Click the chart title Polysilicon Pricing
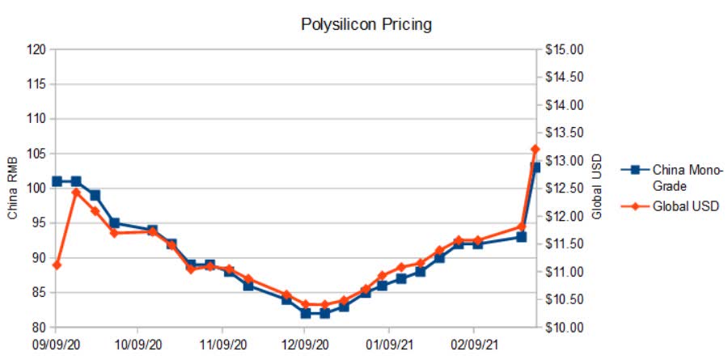tap(366, 24)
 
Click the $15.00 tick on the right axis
tap(564, 50)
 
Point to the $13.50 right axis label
tap(564, 133)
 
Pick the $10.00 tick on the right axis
tap(564, 328)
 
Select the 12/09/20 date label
tap(306, 344)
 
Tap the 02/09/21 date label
tap(472, 344)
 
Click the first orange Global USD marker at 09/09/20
tap(57, 265)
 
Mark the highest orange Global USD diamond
tap(535, 149)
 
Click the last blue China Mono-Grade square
tap(535, 167)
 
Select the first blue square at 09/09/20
tap(57, 181)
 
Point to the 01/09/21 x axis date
tap(389, 344)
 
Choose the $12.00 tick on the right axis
tap(564, 217)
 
